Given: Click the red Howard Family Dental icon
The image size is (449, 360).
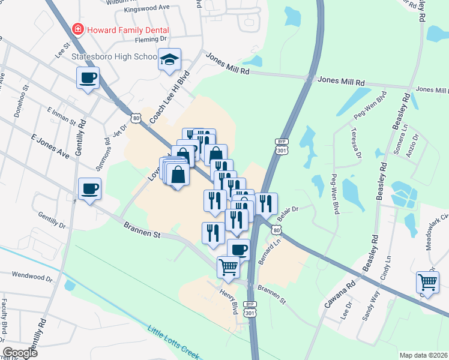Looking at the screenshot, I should (x=77, y=29).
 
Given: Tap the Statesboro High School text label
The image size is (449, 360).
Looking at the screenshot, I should (x=114, y=57).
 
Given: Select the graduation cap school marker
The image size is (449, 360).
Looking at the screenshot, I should (x=170, y=60).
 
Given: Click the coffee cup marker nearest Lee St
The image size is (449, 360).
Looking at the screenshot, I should (x=88, y=77).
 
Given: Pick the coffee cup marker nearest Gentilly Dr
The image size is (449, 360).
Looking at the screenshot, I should (x=89, y=189).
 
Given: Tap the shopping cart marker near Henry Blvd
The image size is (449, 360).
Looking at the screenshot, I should (x=228, y=267).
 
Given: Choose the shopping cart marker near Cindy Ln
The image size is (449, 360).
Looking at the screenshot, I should (x=427, y=281).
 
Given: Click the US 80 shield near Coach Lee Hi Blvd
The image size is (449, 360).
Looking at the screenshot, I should (x=137, y=119).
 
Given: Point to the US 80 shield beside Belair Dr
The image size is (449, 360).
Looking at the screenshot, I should (x=276, y=230).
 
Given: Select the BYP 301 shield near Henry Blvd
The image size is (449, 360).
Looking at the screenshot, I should (x=250, y=308).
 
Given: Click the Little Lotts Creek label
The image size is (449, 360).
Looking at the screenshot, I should (x=173, y=341).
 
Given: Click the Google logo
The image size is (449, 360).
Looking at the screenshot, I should (x=20, y=353).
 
